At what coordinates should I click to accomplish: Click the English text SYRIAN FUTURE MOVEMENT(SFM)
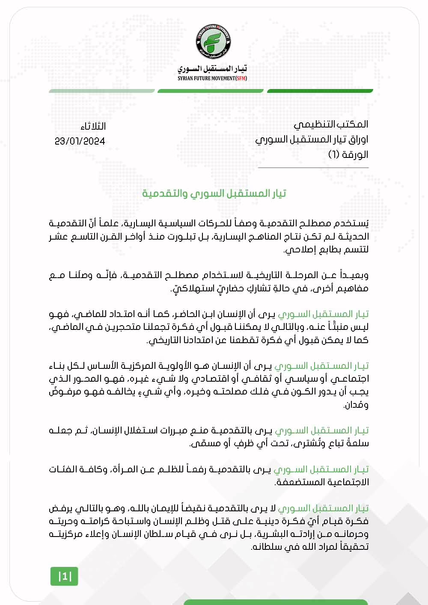212,78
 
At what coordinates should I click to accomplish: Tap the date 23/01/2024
80,141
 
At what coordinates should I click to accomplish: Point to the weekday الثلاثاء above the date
93,127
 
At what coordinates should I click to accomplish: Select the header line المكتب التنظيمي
331,125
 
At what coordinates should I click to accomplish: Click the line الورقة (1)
348,154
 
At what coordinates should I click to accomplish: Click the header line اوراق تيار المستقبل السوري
312,139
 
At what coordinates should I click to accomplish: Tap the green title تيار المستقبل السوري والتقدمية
214,193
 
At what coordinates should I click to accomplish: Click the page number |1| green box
65,576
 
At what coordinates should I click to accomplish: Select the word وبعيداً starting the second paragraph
354,275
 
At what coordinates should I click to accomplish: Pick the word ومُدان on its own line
356,405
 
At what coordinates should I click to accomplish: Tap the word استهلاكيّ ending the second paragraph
190,288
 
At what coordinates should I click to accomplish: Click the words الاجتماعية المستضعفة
321,482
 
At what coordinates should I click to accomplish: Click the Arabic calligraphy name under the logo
212,69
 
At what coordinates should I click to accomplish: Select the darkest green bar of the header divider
320,91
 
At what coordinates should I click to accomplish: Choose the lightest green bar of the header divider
102,91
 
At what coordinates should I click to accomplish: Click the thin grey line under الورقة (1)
313,168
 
